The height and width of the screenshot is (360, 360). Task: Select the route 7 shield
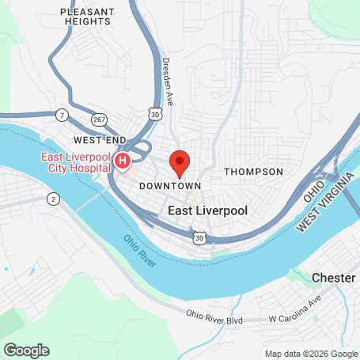point(62,116)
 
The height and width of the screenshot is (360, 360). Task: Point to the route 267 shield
point(99,118)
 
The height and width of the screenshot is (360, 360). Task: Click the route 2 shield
point(53,198)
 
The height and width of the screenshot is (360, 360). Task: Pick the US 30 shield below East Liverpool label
point(202,237)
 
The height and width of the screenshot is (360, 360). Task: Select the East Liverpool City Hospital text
point(77,163)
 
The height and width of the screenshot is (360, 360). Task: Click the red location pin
point(180,162)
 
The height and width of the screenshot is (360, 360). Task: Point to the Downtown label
point(169,186)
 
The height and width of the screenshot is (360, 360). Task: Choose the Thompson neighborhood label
point(253,172)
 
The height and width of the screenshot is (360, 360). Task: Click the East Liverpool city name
point(209,211)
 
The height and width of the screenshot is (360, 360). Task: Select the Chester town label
point(334,279)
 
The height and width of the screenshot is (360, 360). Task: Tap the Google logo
point(26,350)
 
